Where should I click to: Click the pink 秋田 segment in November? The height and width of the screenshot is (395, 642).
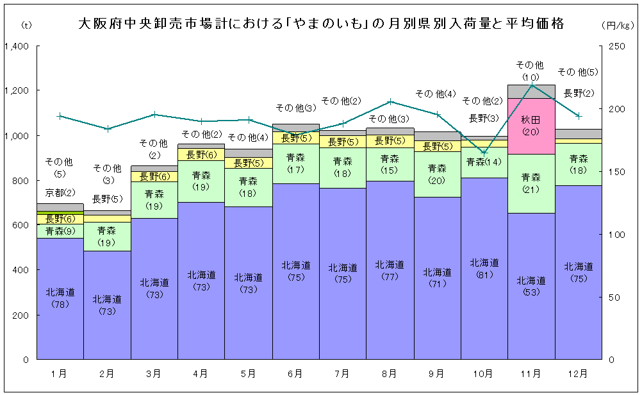[x=531, y=126]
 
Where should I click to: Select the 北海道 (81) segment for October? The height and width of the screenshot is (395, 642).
[x=484, y=268]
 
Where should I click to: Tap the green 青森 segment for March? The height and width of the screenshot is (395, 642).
[x=154, y=199]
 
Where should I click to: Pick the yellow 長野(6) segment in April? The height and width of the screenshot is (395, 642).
[x=201, y=155]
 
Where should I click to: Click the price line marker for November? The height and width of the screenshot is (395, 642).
[x=531, y=85]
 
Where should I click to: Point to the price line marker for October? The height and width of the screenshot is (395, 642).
[x=484, y=153]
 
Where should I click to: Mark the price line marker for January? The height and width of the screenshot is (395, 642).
[x=60, y=116]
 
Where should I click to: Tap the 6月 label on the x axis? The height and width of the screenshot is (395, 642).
[x=295, y=373]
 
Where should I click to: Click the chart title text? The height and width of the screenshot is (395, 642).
[x=320, y=24]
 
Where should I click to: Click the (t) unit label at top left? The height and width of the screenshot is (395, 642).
[x=26, y=25]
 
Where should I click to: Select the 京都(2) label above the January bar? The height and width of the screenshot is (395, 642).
[x=60, y=192]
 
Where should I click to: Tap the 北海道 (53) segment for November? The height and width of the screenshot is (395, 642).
[x=531, y=286]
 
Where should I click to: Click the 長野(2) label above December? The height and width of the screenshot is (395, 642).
[x=578, y=93]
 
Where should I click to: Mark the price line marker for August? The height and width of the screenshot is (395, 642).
[x=390, y=101]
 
